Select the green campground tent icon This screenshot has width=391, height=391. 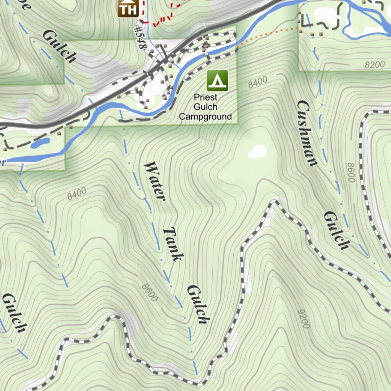(x=217, y=81)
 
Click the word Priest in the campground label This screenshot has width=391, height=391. (x=205, y=97)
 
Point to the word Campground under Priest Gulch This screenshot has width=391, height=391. (x=205, y=116)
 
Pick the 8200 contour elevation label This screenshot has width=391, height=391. (x=374, y=65)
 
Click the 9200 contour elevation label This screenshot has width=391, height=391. (x=304, y=318)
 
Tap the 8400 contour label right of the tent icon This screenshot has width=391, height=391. (x=258, y=82)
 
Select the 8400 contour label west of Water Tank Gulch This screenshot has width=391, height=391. (x=77, y=194)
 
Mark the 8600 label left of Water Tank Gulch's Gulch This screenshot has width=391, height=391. (x=149, y=292)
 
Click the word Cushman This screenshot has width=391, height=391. (x=307, y=133)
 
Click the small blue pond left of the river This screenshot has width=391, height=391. (x=40, y=144)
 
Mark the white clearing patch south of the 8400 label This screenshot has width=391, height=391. (x=257, y=151)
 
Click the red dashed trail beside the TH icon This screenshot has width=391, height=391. (x=162, y=19)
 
